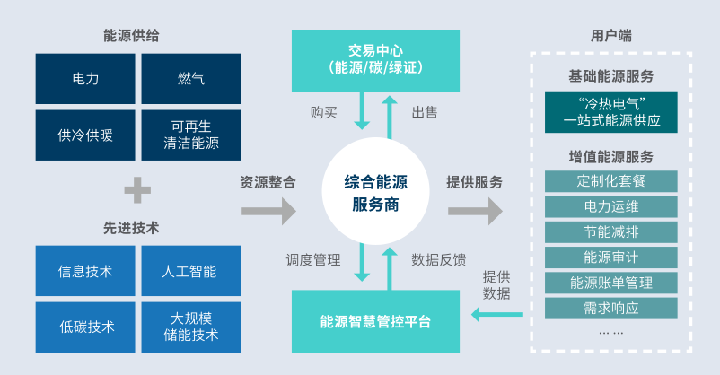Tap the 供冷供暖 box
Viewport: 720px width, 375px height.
tap(85, 135)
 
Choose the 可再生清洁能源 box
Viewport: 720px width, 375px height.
tap(191, 135)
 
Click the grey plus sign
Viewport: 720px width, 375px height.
tap(137, 189)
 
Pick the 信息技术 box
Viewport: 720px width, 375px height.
tap(85, 271)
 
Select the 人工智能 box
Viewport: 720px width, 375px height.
tap(191, 271)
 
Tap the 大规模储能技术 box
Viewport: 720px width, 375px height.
tap(191, 327)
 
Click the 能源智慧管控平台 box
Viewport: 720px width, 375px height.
tap(374, 320)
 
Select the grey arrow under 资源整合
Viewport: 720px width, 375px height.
tap(268, 212)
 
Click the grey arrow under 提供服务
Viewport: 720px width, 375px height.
tap(475, 212)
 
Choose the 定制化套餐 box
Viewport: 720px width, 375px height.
tap(610, 180)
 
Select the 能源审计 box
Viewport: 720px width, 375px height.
tap(610, 257)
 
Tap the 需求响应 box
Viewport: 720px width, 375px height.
tap(610, 308)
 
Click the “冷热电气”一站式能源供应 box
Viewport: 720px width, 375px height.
tap(610, 109)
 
